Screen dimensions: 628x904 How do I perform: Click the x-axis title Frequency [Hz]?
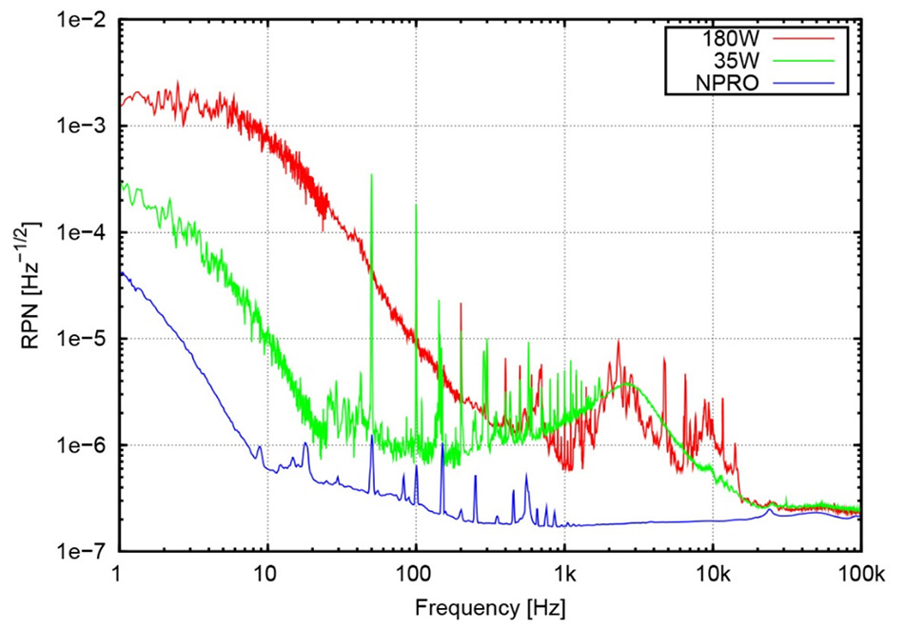[489, 604]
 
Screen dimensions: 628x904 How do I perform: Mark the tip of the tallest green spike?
[371, 175]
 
